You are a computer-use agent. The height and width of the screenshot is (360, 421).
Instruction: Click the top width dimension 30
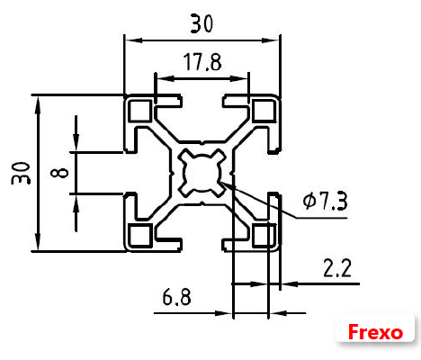[x=202, y=24]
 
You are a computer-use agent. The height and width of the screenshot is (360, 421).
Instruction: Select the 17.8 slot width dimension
[x=202, y=63]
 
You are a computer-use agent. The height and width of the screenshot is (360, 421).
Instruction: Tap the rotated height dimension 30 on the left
[x=21, y=172]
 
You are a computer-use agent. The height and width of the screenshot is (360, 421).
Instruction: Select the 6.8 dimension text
[x=176, y=297]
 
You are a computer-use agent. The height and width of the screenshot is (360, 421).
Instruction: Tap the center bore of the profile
[x=202, y=172]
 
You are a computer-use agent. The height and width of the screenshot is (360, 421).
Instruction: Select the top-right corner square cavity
[x=263, y=111]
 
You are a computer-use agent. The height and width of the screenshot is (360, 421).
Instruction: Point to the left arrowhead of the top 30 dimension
[x=130, y=40]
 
